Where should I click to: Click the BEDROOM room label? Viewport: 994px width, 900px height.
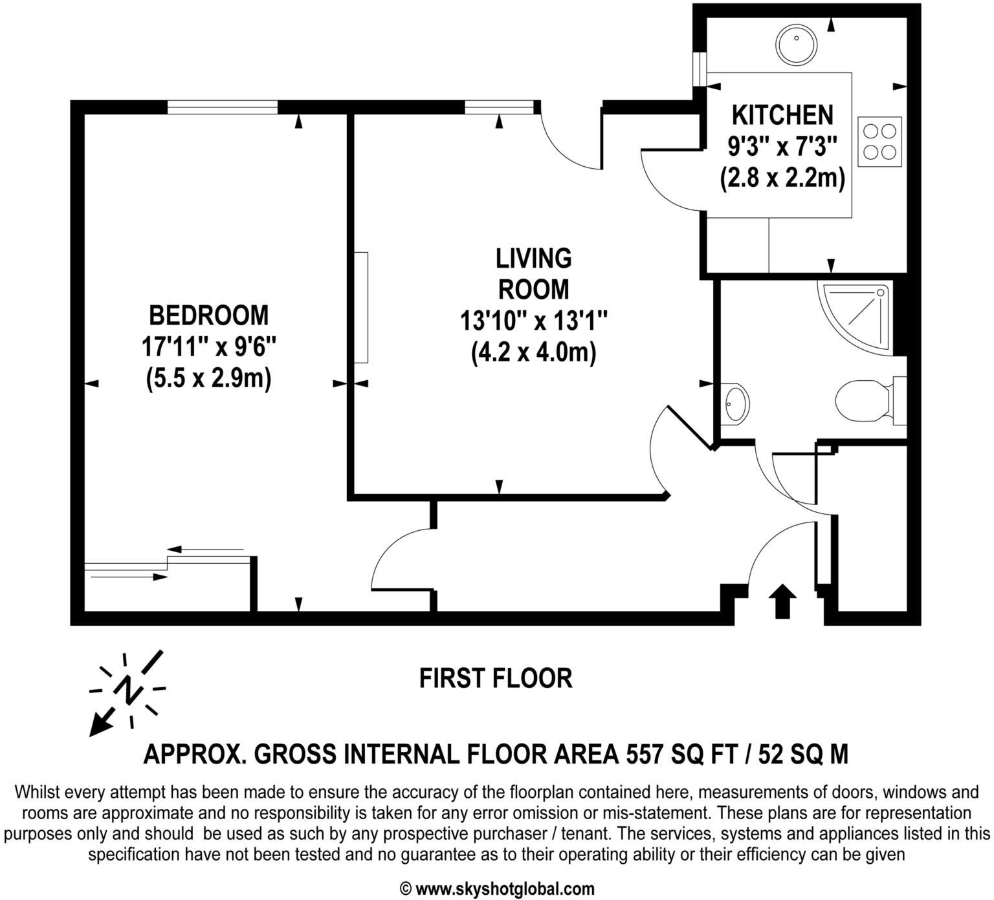[208, 316]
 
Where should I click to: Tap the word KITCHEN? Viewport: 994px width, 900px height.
[782, 115]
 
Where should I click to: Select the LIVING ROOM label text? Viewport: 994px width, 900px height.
[533, 273]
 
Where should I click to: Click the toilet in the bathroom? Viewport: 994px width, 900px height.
[861, 400]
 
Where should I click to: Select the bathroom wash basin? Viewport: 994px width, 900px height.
[736, 404]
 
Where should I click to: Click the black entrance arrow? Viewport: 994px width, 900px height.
[782, 601]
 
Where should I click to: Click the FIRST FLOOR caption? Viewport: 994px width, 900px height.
[496, 679]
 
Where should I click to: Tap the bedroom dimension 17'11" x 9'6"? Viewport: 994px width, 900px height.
[208, 347]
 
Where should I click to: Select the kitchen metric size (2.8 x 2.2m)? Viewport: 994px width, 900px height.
[782, 178]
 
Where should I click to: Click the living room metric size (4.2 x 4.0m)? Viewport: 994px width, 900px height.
[533, 352]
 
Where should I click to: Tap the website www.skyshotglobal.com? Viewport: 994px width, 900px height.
[504, 889]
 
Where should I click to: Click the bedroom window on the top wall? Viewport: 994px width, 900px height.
[223, 107]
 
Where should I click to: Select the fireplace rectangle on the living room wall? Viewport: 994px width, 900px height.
[361, 307]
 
